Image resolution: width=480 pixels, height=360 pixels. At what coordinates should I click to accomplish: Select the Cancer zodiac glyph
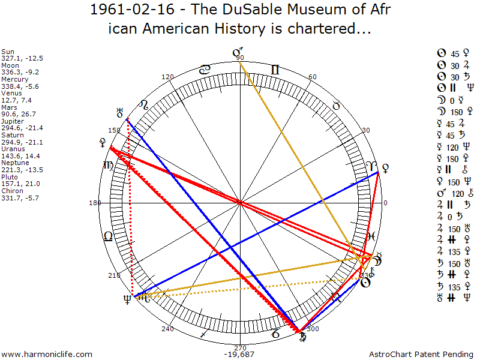(x=205, y=70)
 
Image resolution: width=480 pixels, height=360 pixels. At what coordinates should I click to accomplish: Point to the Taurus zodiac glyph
(x=336, y=106)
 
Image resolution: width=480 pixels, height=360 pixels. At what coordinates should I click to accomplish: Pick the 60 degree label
(x=312, y=77)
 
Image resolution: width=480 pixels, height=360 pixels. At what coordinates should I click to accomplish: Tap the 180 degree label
(x=95, y=203)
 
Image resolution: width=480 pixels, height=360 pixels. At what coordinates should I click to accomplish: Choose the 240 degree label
(x=167, y=329)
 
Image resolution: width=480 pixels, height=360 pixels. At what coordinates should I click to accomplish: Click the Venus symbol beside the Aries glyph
(x=385, y=167)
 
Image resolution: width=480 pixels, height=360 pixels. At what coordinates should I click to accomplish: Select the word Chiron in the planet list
(x=11, y=190)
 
